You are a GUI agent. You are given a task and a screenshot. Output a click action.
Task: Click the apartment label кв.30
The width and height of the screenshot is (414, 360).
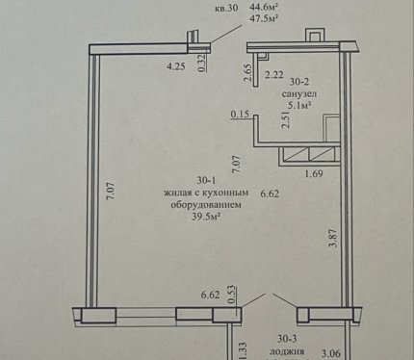[226, 8]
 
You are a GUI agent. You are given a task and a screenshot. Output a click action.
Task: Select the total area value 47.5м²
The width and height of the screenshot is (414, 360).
[263, 18]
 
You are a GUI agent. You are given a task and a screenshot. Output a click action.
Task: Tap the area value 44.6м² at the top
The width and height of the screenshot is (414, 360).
[263, 7]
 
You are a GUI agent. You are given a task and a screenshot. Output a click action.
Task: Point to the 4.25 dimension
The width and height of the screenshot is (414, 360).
[176, 66]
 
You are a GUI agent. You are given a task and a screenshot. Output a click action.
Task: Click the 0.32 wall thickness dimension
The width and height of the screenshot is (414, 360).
[202, 64]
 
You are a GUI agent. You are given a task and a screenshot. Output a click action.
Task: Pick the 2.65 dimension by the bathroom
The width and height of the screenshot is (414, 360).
[247, 73]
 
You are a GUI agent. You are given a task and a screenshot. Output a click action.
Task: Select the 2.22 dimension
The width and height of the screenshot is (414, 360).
[274, 75]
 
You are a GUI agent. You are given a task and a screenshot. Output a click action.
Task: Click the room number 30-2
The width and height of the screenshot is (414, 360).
[299, 82]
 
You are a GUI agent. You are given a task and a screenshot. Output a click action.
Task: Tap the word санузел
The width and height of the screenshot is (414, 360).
[299, 93]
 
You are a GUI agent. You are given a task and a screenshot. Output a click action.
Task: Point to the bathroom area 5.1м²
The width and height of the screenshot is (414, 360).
[300, 105]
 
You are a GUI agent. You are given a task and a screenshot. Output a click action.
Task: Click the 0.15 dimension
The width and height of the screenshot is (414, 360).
[240, 114]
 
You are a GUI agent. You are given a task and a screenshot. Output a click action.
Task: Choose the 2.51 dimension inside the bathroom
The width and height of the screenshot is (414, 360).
[286, 119]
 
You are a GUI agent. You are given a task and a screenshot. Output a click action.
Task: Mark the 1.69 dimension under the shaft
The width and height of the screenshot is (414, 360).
[314, 174]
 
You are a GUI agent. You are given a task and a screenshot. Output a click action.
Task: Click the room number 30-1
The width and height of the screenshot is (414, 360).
[206, 180]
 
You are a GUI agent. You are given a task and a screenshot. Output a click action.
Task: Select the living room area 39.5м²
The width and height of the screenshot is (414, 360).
[206, 217]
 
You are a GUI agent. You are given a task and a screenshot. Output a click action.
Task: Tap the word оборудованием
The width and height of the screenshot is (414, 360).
[206, 205]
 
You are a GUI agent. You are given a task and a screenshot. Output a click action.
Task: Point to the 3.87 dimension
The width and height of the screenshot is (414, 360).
[333, 238]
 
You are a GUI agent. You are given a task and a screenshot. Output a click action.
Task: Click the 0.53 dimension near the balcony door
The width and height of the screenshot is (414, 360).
[233, 295]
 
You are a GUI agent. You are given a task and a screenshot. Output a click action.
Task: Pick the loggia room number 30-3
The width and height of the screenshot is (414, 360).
[287, 339]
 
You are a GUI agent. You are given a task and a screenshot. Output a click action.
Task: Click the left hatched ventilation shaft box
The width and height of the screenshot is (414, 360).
[297, 154]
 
